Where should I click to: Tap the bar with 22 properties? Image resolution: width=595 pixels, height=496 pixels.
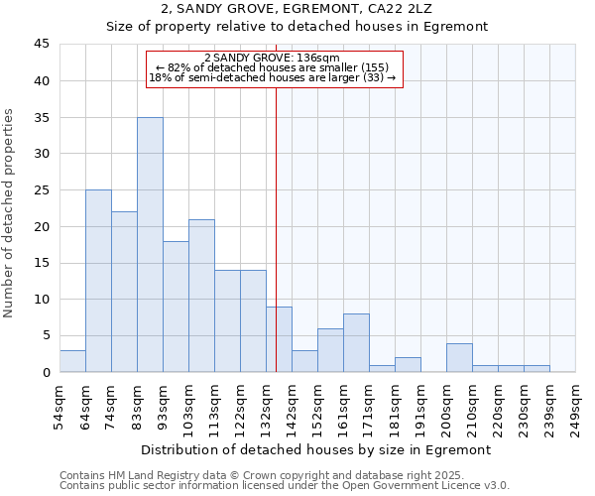point(124,292)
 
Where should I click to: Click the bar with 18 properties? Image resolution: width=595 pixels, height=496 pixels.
point(176,307)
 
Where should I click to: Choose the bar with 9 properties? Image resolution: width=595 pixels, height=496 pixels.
point(279,339)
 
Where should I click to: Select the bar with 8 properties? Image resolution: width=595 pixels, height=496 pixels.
point(356,343)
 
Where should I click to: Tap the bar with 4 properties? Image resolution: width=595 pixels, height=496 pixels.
point(459,357)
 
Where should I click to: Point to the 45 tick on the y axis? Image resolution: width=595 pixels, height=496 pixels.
point(42,45)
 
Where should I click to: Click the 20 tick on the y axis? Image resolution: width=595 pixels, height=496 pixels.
point(42,226)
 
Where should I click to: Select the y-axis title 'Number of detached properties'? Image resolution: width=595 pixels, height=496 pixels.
point(10,213)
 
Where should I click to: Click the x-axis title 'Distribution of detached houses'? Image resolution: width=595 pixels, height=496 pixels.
point(316,449)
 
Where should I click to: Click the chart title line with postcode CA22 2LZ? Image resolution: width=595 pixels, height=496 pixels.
point(297,9)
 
